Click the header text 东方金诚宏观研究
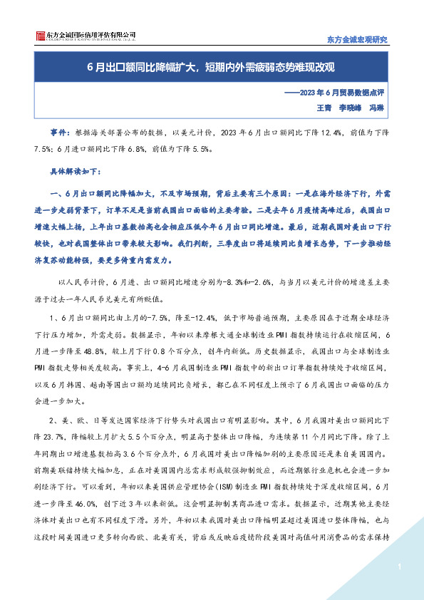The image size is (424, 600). (356, 40)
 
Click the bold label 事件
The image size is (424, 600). (58, 133)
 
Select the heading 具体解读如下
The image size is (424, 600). (76, 172)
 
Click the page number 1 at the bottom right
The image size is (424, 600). (400, 567)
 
